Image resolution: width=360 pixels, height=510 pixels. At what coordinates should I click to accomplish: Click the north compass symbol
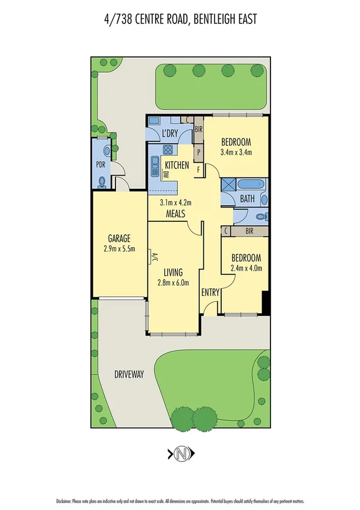pos(180,454)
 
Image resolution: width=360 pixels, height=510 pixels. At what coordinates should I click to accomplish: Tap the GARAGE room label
pos(118,237)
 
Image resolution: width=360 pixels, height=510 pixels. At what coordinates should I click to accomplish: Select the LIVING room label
pos(173,272)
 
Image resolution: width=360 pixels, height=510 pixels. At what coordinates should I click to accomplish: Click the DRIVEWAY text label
pos(129,374)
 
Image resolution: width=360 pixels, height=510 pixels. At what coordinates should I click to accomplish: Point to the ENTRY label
pos(210,292)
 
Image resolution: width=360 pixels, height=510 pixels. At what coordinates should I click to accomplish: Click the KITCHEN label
pos(177,165)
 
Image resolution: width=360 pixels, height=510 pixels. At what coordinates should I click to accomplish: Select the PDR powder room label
pos(100,163)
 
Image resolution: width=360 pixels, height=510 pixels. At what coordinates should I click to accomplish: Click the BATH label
pos(248,198)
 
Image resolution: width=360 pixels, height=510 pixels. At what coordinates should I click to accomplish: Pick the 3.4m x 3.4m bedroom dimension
pos(236,152)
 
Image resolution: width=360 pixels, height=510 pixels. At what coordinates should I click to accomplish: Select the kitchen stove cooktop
pos(168,150)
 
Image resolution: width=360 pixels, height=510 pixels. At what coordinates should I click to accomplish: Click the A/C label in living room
pos(154,257)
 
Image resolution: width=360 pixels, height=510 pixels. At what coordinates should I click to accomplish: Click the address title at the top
pos(180,20)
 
